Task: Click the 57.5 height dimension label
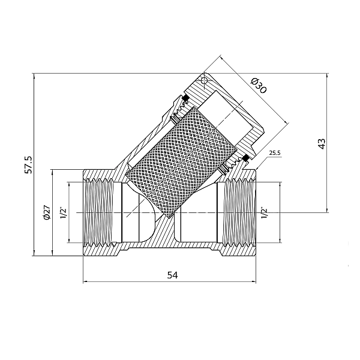pos(28,164)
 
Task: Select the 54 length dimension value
pos(173,275)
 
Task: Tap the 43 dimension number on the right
pos(322,143)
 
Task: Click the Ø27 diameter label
pos(46,212)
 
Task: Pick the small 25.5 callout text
pos(275,154)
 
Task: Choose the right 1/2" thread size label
pos(264,212)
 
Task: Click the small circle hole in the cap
pos(204,80)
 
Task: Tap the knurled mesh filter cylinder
pos(180,156)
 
